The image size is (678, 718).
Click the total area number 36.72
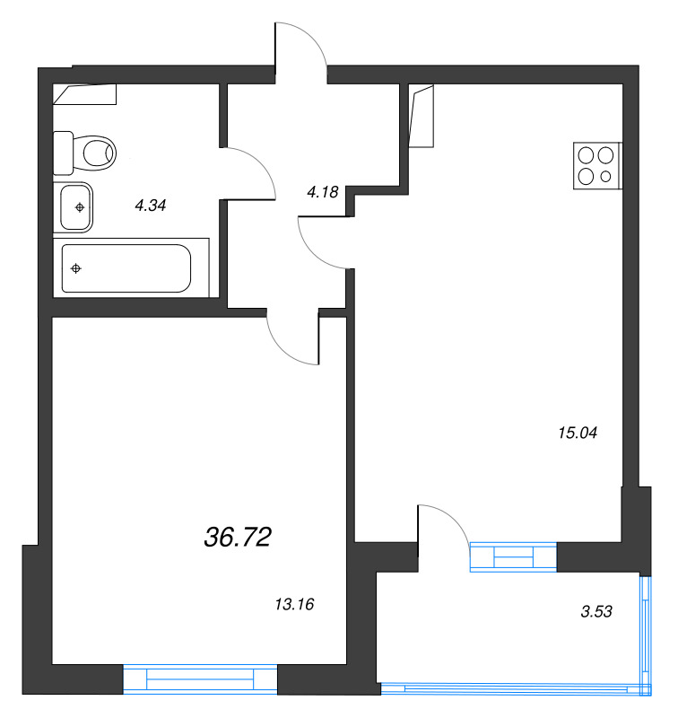238,537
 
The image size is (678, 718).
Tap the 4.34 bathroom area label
151,206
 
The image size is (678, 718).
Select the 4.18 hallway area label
323,192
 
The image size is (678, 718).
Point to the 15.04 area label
578,433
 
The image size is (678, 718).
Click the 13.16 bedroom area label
294,604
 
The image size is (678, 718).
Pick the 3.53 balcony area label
596,611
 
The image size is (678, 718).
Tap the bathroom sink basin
75,207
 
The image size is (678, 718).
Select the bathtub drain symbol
76,268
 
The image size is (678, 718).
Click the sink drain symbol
80,207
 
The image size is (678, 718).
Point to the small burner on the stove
605,176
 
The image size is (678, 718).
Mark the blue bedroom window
200,679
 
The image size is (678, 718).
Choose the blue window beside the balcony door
513,556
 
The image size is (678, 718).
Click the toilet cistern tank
63,153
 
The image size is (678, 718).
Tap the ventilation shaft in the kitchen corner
421,117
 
